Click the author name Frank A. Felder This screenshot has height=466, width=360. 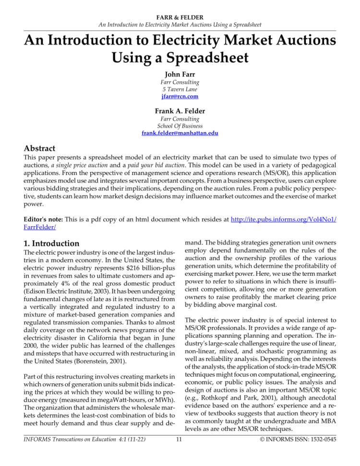coord(180,110)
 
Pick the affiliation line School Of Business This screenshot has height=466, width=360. coord(180,125)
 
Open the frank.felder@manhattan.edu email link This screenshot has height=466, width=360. coord(180,133)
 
